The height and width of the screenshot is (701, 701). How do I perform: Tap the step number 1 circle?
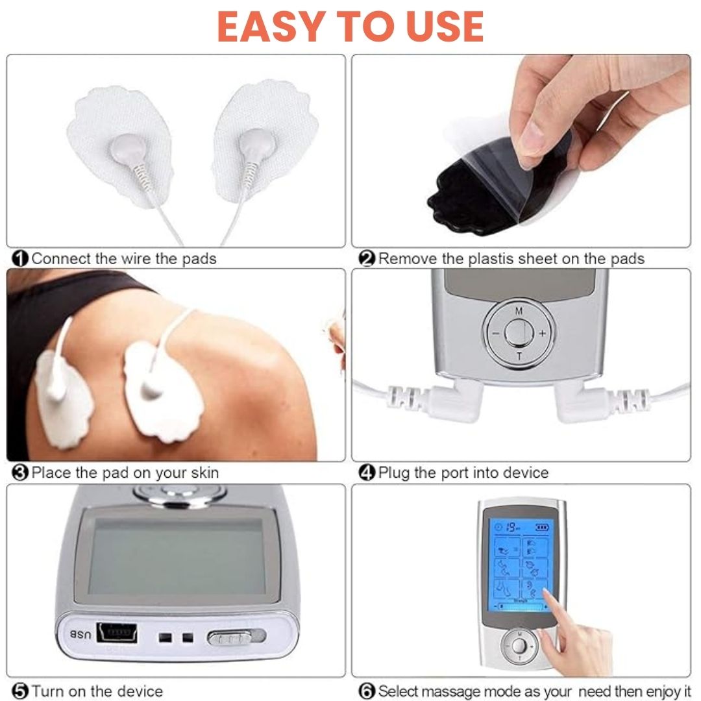tap(20, 259)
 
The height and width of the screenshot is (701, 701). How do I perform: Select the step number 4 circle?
tap(367, 473)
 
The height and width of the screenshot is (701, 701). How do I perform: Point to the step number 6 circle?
tap(367, 691)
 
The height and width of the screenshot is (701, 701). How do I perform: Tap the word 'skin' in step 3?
tap(204, 473)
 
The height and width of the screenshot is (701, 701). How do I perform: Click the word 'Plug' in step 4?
tap(394, 473)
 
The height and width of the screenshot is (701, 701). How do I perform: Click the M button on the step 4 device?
tap(519, 311)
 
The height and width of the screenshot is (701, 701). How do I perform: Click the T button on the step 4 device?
tap(519, 357)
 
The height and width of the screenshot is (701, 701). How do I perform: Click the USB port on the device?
tap(117, 633)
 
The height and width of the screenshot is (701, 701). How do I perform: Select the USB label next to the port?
tap(80, 634)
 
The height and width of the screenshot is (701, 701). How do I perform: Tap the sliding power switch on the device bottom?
tap(236, 637)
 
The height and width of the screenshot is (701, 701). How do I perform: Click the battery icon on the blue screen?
tap(542, 528)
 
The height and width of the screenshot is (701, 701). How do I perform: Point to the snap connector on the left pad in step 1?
tap(129, 149)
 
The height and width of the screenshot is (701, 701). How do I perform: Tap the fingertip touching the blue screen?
tap(547, 593)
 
